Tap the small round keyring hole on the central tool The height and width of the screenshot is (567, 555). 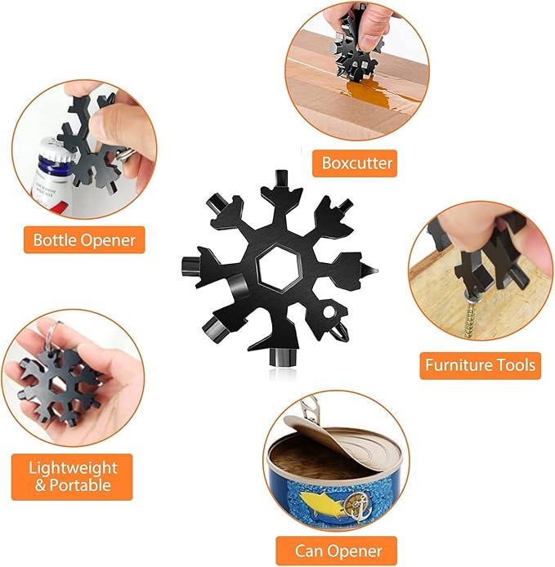click(329, 311)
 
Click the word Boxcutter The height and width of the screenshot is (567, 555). click(356, 163)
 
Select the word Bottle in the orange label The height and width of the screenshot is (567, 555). click(55, 239)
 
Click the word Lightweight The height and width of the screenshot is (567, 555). click(73, 468)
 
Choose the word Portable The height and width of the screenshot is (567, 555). click(80, 485)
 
